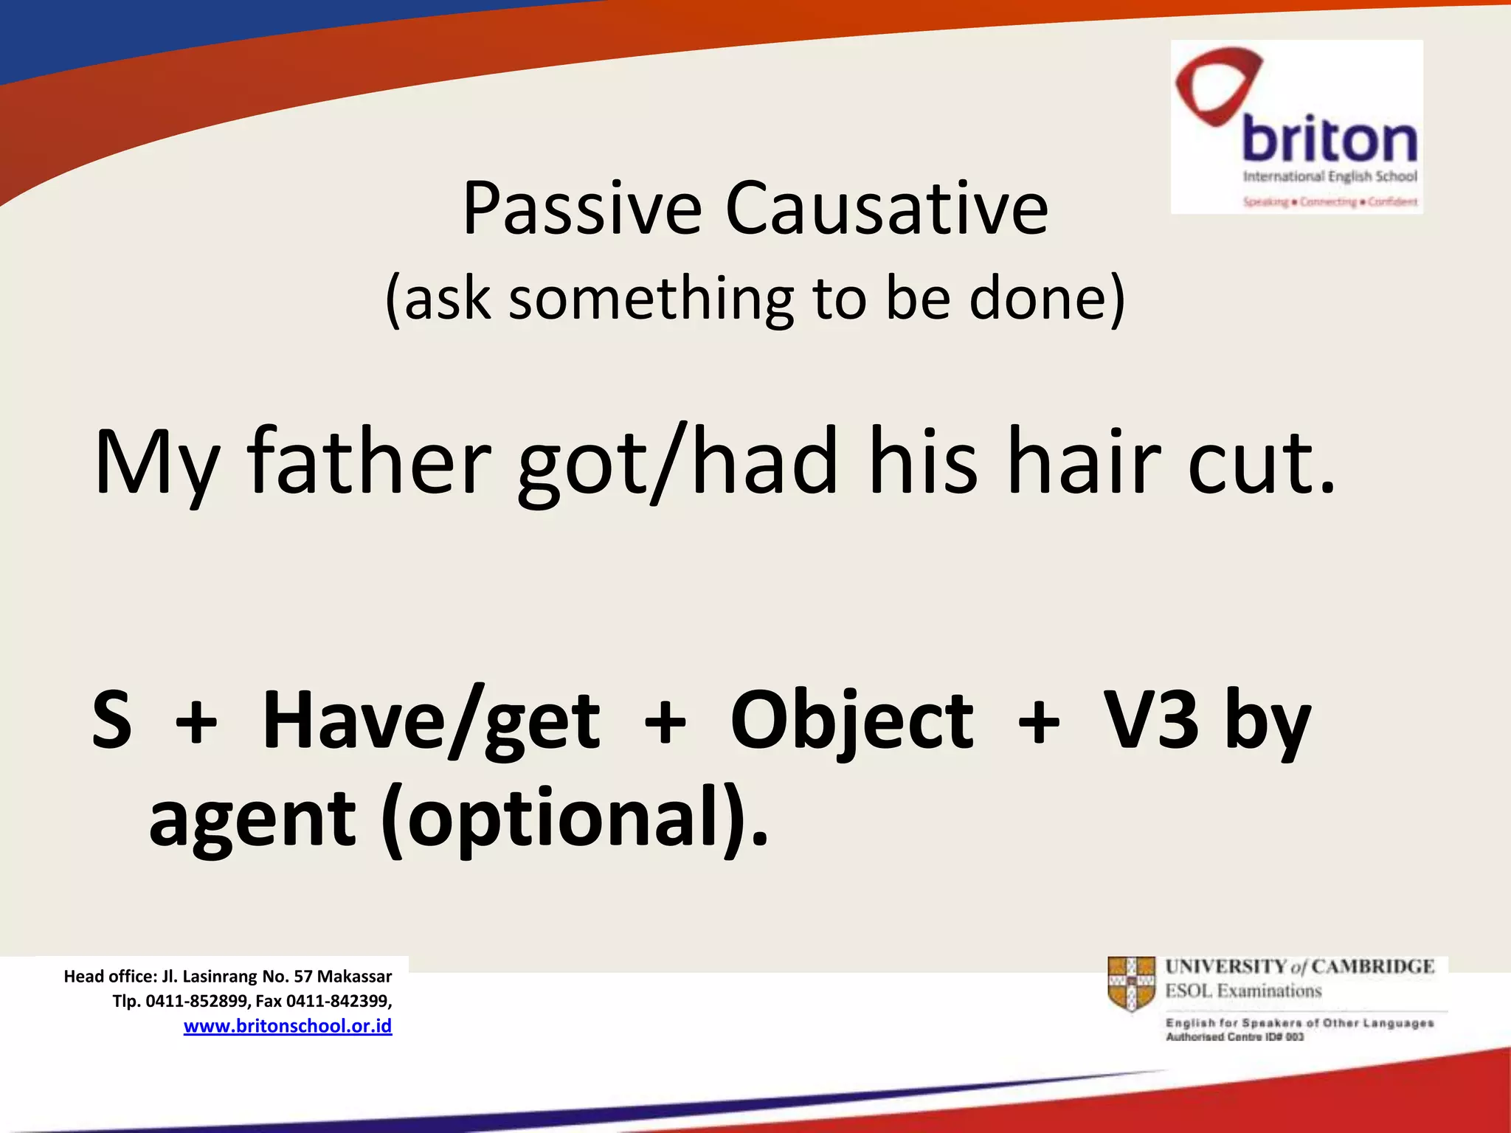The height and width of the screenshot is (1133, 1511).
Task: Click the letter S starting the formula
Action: [x=112, y=720]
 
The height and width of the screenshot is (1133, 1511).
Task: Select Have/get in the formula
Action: [x=432, y=720]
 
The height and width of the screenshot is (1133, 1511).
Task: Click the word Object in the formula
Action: [x=851, y=720]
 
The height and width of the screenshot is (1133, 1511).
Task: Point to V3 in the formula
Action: [x=1152, y=720]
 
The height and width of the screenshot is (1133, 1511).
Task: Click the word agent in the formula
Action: [x=252, y=820]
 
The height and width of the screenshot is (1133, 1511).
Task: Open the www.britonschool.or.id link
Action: [x=288, y=1026]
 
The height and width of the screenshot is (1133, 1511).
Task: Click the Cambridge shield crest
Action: [x=1131, y=983]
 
